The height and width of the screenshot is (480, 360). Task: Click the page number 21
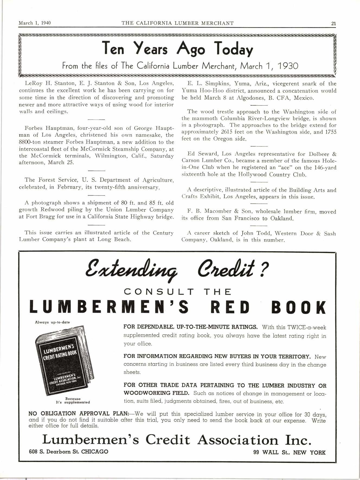(x=333, y=23)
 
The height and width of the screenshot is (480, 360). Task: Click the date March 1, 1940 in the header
(x=34, y=23)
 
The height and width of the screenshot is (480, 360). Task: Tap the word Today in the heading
(x=234, y=50)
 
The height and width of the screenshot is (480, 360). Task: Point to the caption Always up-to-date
(x=52, y=322)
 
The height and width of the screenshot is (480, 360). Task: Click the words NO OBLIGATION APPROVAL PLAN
(x=79, y=414)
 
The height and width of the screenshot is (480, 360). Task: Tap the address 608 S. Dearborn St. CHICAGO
(x=69, y=452)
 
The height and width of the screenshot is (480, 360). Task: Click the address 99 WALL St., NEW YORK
(x=289, y=452)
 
